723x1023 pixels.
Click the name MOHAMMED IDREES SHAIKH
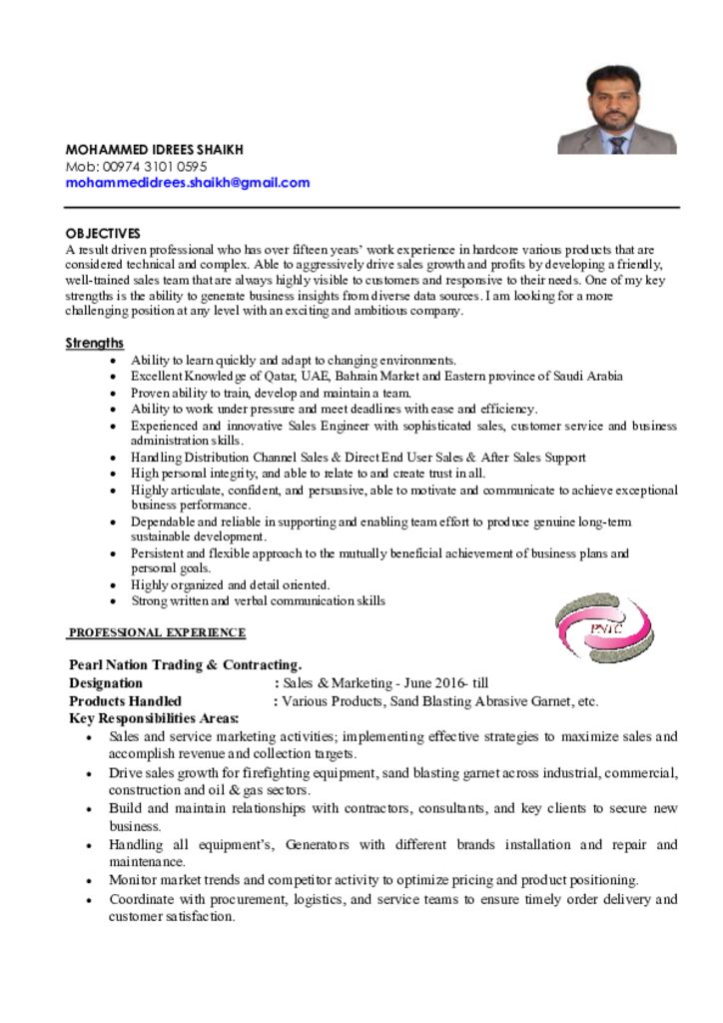pos(155,150)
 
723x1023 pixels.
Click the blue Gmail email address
pos(188,183)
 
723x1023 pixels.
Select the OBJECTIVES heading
pos(103,233)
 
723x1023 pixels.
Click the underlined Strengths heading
pos(95,343)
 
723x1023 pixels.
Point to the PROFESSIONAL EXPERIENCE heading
pos(157,632)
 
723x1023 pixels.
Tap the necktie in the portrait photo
pos(617,144)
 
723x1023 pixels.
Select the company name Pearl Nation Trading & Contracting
pos(186,664)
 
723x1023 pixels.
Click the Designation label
pos(106,683)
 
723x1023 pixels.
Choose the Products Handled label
pos(125,701)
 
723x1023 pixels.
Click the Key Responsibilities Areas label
pos(154,718)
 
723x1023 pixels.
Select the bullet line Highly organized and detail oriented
pos(231,584)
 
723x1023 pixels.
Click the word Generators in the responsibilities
pos(317,844)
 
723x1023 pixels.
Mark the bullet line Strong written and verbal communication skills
pos(258,600)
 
